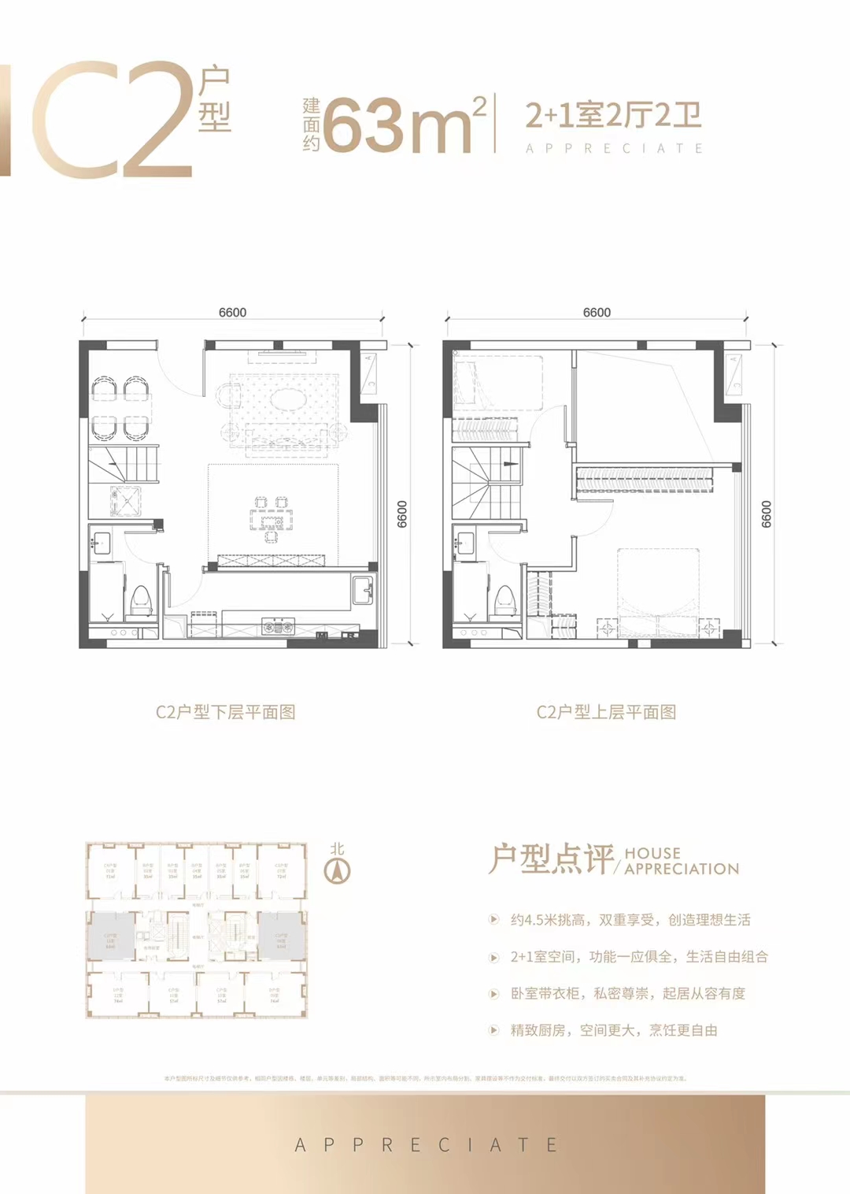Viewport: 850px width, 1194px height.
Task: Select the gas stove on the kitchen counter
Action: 277,627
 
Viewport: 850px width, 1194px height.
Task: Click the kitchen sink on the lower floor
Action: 363,589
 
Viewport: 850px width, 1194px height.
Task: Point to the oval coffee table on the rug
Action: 285,399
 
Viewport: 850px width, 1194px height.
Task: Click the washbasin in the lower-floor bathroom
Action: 100,543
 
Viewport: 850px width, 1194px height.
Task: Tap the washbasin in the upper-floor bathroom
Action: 464,543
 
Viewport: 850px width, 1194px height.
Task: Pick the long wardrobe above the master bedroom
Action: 645,479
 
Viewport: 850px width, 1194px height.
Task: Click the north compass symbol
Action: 338,870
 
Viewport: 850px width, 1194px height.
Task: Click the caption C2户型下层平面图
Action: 225,712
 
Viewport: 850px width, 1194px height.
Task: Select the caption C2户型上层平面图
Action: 606,712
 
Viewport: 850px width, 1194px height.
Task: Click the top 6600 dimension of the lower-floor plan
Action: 232,313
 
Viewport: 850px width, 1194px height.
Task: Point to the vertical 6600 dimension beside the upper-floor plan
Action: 766,514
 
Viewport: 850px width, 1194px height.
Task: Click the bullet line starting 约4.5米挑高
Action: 630,920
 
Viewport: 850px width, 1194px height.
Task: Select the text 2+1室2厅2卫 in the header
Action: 613,116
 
